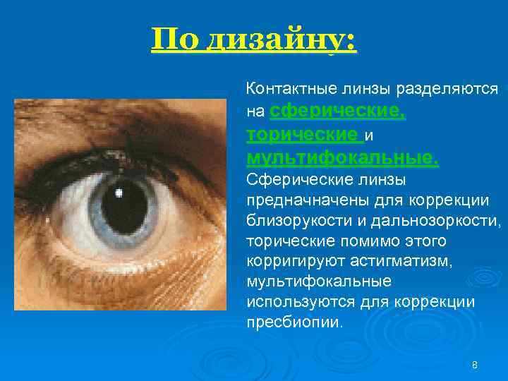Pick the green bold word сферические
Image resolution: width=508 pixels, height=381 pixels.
[x=338, y=111]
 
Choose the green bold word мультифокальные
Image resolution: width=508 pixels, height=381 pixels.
[x=342, y=157]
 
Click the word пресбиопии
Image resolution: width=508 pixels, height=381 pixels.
[x=294, y=322]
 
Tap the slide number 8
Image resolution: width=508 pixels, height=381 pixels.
[x=474, y=365]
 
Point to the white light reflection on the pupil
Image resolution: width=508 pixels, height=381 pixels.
[x=119, y=192]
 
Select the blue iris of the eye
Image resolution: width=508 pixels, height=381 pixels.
[x=95, y=212]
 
